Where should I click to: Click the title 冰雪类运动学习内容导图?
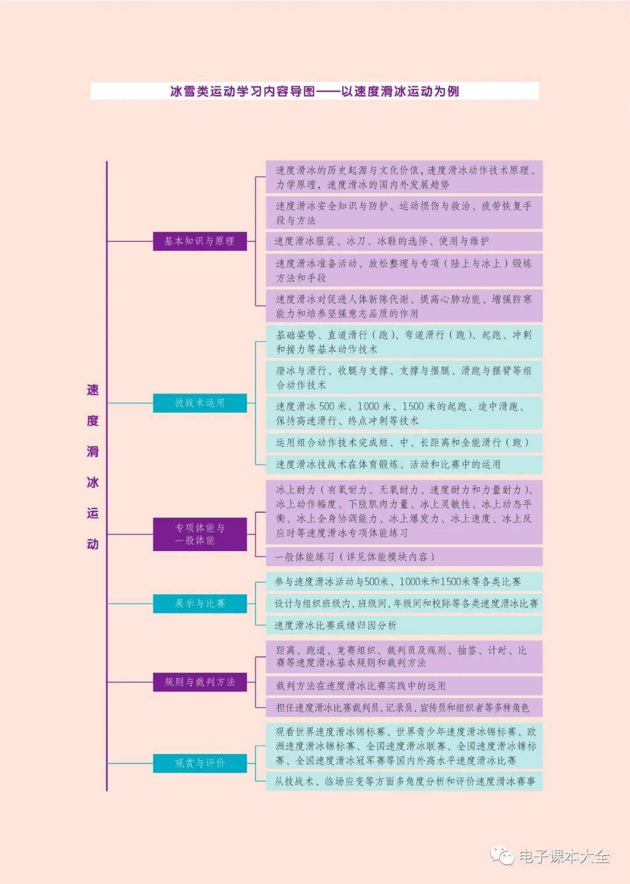coord(314,91)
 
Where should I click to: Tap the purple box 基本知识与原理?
coord(199,241)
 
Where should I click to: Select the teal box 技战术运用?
coord(199,403)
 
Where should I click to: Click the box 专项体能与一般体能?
coord(199,534)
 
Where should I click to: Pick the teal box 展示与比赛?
coord(199,604)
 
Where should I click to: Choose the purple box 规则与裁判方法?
coord(199,682)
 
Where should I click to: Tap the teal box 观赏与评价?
coord(199,763)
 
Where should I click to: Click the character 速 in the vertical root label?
coord(93,390)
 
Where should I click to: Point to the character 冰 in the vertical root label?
coord(93,483)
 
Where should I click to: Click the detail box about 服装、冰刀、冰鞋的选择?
coord(404,241)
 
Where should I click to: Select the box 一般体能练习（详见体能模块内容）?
coord(404,557)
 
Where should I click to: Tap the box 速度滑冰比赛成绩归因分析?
coord(404,625)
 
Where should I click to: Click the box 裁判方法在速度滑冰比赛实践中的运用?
coord(404,686)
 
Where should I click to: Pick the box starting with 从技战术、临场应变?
coord(404,781)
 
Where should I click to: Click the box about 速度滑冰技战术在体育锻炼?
coord(404,465)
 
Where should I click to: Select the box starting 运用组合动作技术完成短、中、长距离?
coord(404,443)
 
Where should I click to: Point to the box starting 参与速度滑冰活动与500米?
coord(404,581)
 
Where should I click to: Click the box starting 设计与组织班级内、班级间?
coord(404,604)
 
